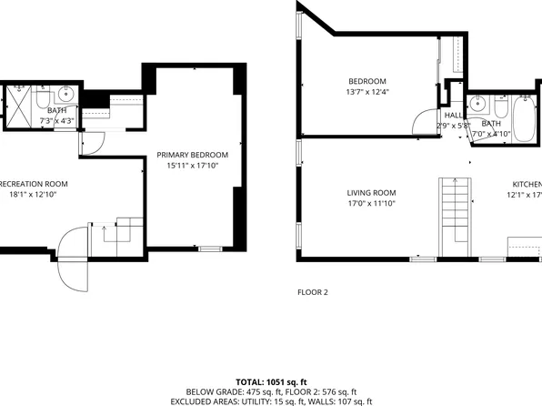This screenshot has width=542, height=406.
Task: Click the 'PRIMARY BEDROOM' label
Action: (x=191, y=156)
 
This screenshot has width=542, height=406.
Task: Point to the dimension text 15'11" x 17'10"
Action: (x=191, y=167)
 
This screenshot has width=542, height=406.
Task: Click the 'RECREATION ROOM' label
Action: (x=31, y=183)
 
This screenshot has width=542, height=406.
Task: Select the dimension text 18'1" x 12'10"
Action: (x=33, y=194)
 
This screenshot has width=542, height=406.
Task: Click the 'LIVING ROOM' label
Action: (x=371, y=192)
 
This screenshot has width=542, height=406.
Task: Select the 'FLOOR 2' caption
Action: (x=312, y=292)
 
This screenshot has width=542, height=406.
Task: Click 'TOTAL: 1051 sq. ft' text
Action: (x=271, y=382)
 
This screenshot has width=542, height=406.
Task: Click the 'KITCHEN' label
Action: (x=524, y=183)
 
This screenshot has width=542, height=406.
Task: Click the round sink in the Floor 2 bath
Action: (x=477, y=103)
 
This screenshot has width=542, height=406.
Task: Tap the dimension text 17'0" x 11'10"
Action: (x=371, y=204)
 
